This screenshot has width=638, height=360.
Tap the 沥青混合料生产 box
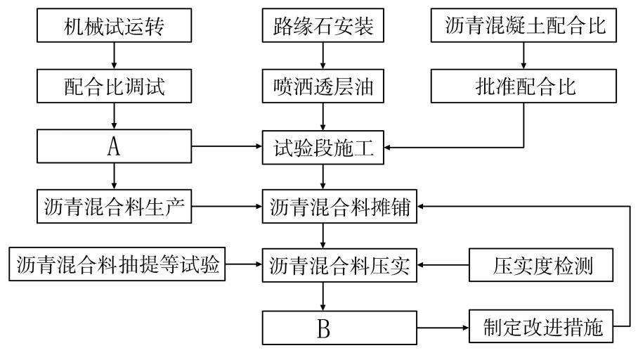pos(112,207)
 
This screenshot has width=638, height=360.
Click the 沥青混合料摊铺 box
pos(340,207)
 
